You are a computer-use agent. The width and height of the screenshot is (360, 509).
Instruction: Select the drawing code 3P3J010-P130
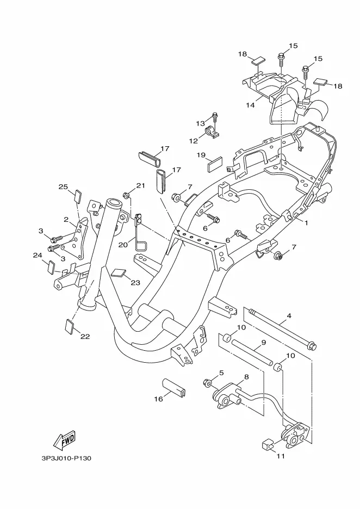(x=66, y=458)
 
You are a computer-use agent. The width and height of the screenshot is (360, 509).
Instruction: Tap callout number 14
(x=250, y=105)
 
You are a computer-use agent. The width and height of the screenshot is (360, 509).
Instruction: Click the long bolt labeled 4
(x=282, y=330)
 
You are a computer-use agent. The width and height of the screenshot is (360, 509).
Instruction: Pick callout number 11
(x=281, y=456)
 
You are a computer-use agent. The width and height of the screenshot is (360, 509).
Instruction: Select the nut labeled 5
(x=207, y=383)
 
